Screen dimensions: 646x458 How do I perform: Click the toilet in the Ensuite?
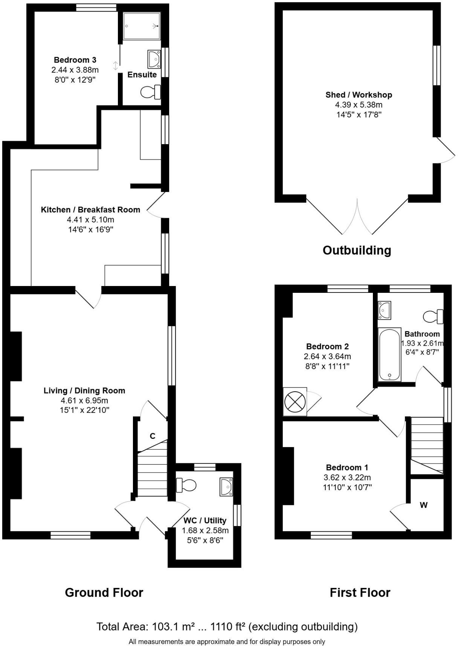point(150,92)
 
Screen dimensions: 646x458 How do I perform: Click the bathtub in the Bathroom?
point(389,355)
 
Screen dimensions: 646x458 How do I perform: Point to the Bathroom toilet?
point(433,316)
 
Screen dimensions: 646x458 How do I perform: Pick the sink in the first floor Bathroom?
point(385,310)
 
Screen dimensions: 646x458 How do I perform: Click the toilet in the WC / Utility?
point(186,485)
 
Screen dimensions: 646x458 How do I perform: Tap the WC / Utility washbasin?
point(226,487)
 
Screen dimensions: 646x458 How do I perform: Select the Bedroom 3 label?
point(75,60)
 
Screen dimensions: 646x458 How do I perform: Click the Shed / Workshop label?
point(359,95)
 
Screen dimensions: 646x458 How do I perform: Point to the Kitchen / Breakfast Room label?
point(90,210)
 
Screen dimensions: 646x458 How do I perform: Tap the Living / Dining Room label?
point(84,391)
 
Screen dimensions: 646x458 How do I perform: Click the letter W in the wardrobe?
point(424,505)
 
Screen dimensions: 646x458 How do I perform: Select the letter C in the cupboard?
point(153,436)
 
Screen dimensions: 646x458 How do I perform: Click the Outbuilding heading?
point(357,250)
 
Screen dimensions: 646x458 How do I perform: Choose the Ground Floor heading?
point(104,592)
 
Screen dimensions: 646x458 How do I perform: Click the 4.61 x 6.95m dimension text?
point(84,400)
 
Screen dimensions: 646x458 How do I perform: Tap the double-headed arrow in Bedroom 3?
point(116,66)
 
